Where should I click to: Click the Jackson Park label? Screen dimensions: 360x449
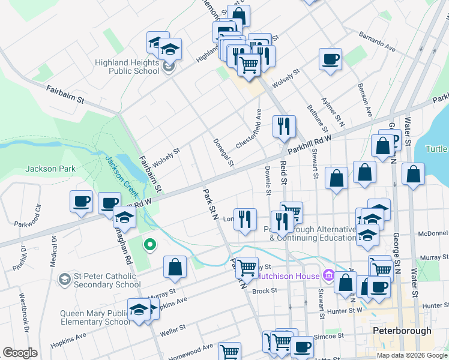(x=50, y=169)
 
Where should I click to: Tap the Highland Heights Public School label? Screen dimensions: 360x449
(x=126, y=67)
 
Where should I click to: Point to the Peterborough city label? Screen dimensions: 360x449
(x=402, y=331)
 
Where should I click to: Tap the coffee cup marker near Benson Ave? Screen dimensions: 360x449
(x=330, y=59)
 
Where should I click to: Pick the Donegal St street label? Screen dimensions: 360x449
(x=223, y=152)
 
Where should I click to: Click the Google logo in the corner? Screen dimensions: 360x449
(x=20, y=353)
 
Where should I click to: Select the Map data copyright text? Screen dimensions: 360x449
(x=411, y=355)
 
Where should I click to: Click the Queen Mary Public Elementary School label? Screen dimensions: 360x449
(x=95, y=318)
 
